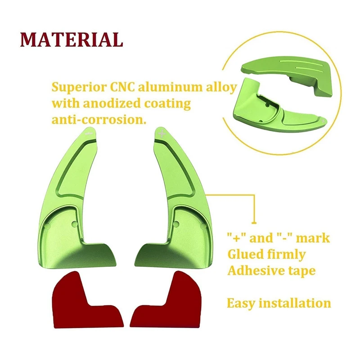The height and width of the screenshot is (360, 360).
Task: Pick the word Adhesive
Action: (x=255, y=271)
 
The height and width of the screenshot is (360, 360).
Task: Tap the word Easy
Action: (x=242, y=303)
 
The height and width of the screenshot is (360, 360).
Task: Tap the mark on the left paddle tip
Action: (x=89, y=133)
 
